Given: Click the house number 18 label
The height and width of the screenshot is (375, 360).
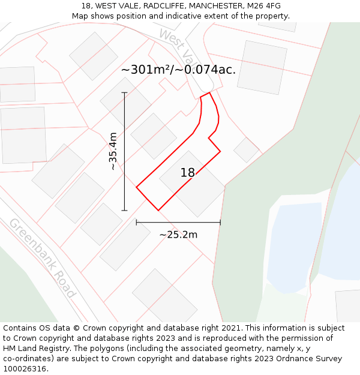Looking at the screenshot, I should coord(188,173).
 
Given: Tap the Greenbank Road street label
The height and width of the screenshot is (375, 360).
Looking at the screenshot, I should coord(42,257).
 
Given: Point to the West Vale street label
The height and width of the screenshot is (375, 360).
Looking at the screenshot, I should coord(179,47).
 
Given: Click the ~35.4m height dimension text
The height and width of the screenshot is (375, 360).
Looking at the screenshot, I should coord(113,151).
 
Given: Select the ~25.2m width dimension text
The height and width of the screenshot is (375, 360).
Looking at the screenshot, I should coord(178,235).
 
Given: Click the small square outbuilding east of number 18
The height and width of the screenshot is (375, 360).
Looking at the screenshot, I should coord(246,150).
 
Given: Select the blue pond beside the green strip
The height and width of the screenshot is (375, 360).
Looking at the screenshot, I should coord(294,246).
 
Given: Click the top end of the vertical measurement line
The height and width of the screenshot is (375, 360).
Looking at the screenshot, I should coord(125,93).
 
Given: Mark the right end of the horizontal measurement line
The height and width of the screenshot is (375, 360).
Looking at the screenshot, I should coord(220,222).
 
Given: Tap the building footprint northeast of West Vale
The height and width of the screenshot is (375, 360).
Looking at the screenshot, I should coord(262,67).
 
